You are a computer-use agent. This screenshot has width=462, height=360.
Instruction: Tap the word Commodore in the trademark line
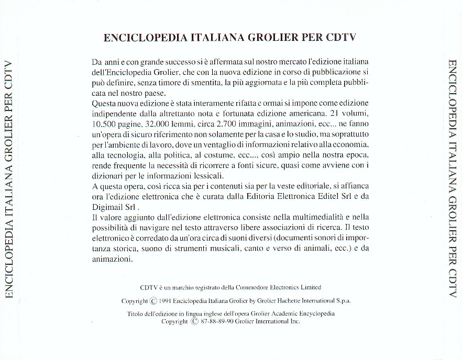click(251, 287)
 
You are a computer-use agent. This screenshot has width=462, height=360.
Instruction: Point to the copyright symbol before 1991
click(153, 301)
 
